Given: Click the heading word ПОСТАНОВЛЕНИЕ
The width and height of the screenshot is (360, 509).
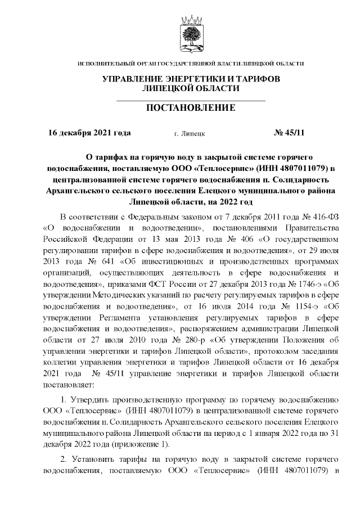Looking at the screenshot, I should (191, 107).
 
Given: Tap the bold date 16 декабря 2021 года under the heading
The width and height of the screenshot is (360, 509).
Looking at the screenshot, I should (89, 133).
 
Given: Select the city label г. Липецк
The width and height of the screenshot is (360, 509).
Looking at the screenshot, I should (190, 134).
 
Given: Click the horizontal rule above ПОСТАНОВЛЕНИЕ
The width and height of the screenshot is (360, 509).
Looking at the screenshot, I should (191, 100).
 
